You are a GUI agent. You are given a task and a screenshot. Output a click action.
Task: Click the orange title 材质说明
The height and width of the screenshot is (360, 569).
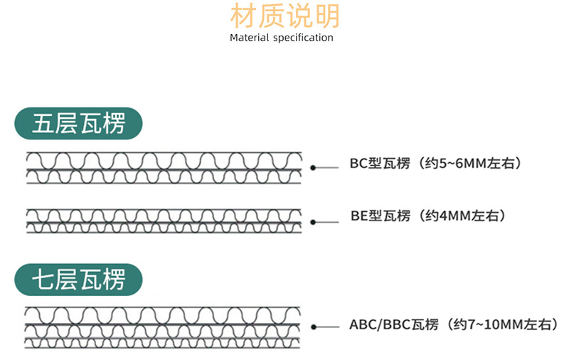pos(285,16)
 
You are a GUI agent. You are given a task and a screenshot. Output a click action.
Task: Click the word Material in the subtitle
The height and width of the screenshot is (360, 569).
pos(250,38)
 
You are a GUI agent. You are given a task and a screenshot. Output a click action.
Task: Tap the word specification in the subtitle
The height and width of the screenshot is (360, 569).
pos(303,38)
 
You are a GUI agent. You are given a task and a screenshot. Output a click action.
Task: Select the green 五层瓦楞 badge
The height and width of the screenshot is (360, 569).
pos(78,123)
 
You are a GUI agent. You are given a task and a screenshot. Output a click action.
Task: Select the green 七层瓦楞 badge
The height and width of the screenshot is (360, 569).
pos(78,280)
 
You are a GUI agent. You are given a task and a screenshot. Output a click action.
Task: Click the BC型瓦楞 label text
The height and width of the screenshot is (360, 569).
pos(380,164)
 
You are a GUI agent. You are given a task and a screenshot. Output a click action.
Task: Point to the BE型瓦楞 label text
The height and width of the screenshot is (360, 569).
pos(381,216)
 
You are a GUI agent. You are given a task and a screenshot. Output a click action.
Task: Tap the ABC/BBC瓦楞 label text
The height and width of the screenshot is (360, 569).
pos(394,324)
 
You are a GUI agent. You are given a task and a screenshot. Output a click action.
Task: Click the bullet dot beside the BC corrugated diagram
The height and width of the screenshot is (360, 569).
pos(313,167)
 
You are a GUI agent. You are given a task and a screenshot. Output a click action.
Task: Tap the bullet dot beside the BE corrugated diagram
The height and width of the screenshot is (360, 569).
pos(313,222)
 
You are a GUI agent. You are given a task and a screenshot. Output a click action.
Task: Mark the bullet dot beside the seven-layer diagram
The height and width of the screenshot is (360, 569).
pos(314,327)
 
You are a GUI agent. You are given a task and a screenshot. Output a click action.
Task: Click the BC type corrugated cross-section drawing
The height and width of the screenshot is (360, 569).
pos(164,168)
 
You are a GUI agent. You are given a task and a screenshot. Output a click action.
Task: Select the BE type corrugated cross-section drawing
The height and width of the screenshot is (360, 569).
pos(164,221)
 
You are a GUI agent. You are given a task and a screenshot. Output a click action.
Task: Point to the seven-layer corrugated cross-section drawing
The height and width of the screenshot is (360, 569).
pos(163,328)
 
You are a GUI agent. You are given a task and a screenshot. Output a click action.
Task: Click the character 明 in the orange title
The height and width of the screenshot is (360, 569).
pos(327,16)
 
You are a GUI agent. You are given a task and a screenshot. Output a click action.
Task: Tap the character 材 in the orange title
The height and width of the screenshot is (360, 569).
pos(243,16)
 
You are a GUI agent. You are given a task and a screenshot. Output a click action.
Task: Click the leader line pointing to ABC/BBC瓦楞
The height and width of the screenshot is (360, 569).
pos(328,327)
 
